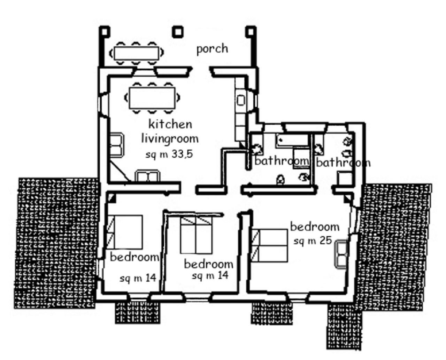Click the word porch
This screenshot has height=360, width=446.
point(212,49)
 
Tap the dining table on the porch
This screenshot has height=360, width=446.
point(136,53)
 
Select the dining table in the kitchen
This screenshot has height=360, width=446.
point(152,98)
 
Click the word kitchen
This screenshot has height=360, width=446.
point(170,124)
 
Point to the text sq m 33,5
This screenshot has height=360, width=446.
point(169,155)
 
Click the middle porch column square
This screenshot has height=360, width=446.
point(178,32)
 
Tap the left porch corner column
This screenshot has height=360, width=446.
point(105,32)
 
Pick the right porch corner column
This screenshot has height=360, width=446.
point(251,32)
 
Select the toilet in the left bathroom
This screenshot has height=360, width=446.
point(280,179)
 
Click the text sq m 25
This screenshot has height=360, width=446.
point(313,240)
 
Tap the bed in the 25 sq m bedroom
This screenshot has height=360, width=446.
point(269,245)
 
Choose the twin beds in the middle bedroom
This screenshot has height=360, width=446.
point(196,235)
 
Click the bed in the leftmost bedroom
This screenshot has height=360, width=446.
point(125,232)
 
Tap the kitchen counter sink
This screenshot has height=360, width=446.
point(241,100)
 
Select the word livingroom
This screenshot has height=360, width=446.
point(170,139)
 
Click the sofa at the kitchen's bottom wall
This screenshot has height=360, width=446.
point(148,176)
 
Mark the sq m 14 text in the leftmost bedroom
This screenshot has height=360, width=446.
point(138,278)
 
